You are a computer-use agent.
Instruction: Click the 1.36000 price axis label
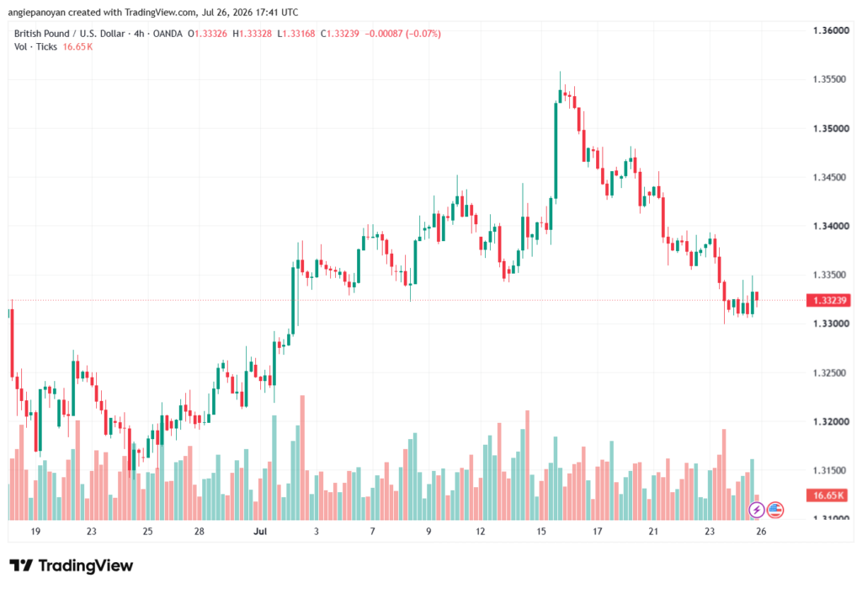(831, 30)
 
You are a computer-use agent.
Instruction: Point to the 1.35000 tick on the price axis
(831, 128)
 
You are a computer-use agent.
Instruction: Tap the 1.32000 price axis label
(831, 421)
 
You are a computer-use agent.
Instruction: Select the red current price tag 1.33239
(828, 300)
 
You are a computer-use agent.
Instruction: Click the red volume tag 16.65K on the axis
(828, 495)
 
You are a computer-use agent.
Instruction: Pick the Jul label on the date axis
(260, 531)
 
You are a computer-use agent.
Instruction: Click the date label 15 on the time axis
(541, 531)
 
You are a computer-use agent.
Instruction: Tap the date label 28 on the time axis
(199, 531)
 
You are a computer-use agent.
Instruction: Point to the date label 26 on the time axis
(761, 531)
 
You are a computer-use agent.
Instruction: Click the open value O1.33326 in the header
(207, 34)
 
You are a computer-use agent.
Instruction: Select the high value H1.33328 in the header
(252, 34)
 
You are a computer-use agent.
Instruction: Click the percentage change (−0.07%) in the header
(423, 34)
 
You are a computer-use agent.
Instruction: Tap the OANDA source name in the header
(168, 34)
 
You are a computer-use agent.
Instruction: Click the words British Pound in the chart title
(42, 34)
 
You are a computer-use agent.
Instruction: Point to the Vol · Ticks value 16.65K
(77, 47)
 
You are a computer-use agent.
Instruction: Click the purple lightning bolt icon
(757, 510)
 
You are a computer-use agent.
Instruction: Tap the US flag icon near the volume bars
(775, 510)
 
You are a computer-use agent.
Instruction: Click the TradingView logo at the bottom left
(71, 565)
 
